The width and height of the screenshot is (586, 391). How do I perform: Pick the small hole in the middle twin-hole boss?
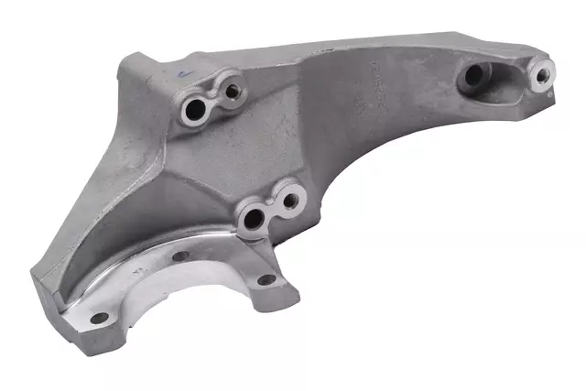[292, 200]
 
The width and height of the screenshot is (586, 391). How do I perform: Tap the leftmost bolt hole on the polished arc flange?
[97, 319]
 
